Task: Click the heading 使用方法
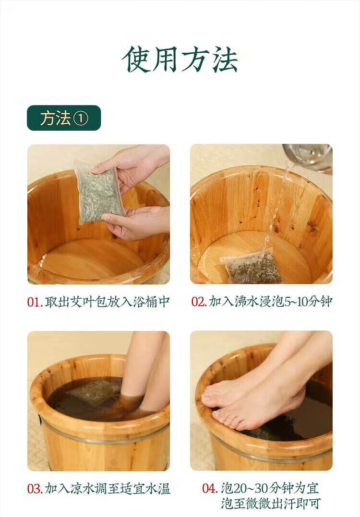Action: [x=180, y=59]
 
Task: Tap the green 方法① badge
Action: [x=64, y=117]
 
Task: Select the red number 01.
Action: [x=35, y=302]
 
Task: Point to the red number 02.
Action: [x=199, y=302]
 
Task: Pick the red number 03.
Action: [x=35, y=489]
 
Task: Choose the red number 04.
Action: [x=210, y=488]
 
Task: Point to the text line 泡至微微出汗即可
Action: [x=271, y=504]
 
